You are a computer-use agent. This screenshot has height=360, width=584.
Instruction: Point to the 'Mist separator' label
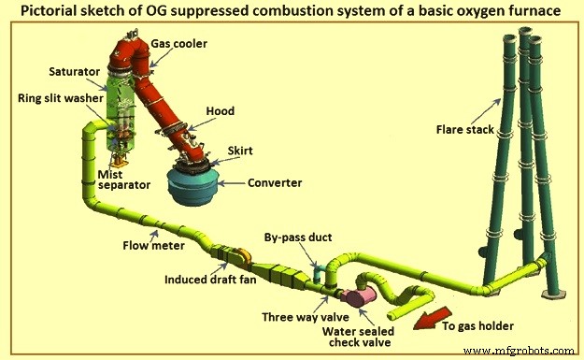(125, 179)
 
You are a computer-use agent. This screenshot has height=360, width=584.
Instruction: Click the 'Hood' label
(221, 111)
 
